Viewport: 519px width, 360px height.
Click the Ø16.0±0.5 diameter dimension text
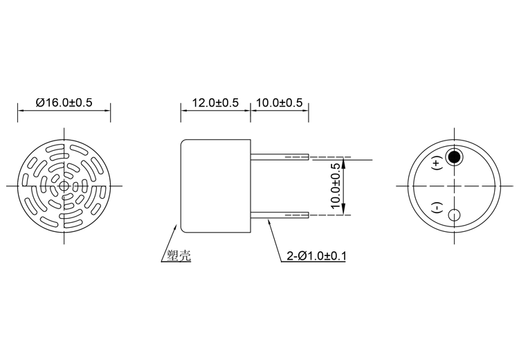[x=64, y=102]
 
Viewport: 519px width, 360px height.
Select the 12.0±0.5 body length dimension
[x=215, y=102]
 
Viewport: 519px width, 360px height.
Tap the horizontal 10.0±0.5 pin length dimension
[x=279, y=102]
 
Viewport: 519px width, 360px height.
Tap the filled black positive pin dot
[x=455, y=156]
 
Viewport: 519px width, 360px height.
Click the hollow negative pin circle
[x=455, y=215]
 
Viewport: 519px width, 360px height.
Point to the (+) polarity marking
[x=437, y=164]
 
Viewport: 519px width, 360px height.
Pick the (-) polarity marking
[x=437, y=207]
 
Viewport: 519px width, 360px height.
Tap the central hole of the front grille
[x=64, y=186]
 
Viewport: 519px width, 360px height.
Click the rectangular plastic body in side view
[x=215, y=186]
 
